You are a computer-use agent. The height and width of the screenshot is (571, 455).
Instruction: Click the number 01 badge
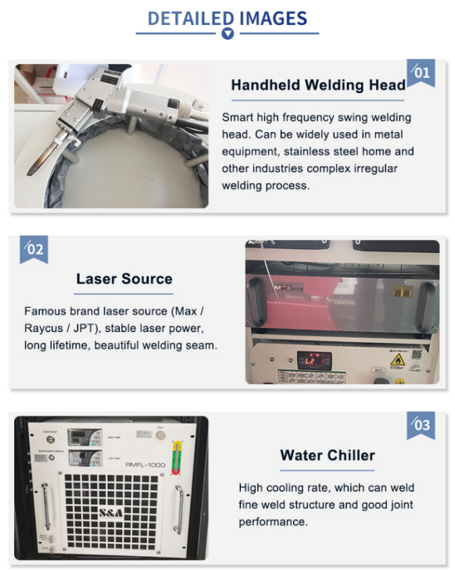click(421, 73)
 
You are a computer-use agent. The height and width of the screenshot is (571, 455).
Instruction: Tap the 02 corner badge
click(34, 250)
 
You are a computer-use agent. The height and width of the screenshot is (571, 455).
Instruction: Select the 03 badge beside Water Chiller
click(421, 425)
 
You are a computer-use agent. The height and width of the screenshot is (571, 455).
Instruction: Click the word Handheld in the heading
click(265, 85)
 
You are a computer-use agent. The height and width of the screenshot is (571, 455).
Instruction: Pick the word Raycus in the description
click(43, 329)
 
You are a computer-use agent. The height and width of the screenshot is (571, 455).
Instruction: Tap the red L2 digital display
click(314, 360)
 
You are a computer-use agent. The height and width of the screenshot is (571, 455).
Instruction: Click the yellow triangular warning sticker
click(398, 360)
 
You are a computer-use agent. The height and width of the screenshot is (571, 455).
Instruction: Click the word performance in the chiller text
click(273, 522)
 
